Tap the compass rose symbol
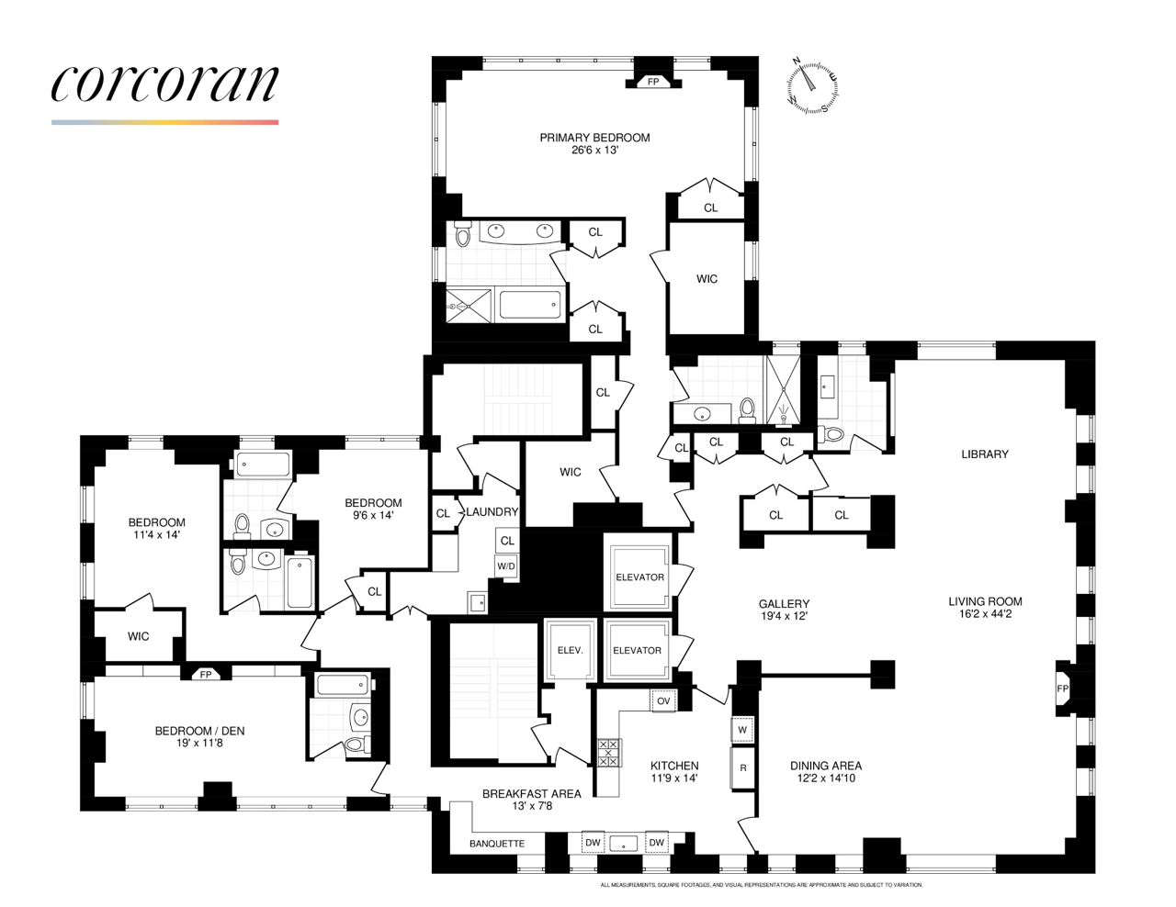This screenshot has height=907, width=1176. (x=812, y=87)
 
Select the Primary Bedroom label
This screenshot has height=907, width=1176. (x=594, y=138)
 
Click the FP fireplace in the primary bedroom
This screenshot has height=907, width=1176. (x=653, y=82)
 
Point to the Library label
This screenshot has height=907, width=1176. (x=985, y=454)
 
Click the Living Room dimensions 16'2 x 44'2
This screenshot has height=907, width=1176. (x=985, y=614)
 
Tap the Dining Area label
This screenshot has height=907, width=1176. (x=826, y=766)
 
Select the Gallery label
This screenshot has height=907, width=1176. (x=784, y=604)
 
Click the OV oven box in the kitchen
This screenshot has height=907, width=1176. (x=663, y=701)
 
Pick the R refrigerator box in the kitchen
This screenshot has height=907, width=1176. (x=742, y=768)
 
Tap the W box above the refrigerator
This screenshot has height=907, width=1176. (x=742, y=730)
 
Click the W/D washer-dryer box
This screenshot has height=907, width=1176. (x=506, y=566)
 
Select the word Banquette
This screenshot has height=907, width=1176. (x=497, y=844)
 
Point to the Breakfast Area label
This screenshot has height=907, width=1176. (x=532, y=794)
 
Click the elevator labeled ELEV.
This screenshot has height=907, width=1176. (x=571, y=650)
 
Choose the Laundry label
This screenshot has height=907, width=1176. (x=492, y=512)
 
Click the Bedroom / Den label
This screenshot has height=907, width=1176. (x=199, y=731)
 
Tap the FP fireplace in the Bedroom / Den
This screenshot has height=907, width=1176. (x=206, y=675)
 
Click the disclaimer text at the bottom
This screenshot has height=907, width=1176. (x=761, y=885)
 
